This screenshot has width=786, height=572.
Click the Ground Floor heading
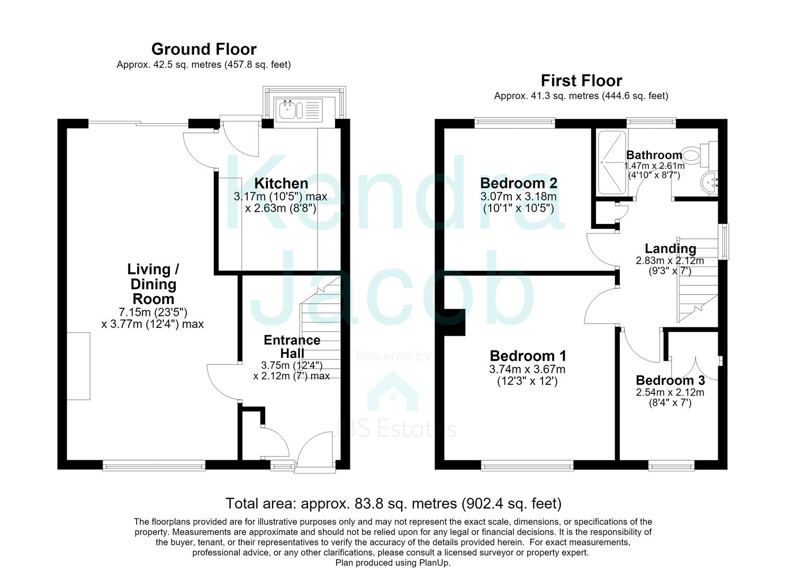click(204, 49)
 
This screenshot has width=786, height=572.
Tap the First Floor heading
click(582, 81)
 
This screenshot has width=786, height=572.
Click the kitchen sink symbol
click(299, 109)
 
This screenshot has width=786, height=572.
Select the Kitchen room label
click(281, 183)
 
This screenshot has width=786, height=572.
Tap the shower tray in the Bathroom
click(612, 162)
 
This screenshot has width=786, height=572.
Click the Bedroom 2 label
click(518, 183)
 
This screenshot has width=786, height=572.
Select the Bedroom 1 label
click(528, 356)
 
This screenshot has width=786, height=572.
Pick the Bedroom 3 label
click(670, 380)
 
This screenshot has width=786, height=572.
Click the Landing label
click(670, 248)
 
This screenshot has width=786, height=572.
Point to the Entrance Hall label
click(292, 346)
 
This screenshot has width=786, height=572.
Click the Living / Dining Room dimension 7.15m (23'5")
click(153, 312)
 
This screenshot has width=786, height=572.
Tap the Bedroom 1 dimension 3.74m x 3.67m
click(527, 369)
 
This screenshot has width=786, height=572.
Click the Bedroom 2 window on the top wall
click(515, 122)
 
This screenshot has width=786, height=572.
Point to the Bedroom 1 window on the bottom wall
click(527, 466)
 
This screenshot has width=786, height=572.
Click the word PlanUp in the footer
click(433, 563)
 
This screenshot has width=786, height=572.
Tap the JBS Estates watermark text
click(393, 429)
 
